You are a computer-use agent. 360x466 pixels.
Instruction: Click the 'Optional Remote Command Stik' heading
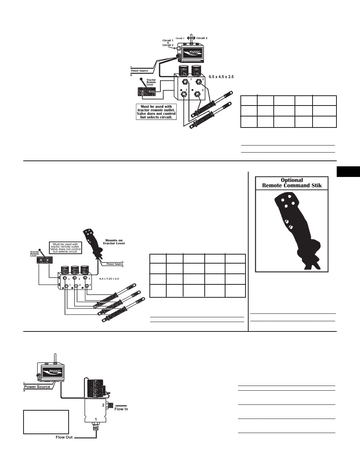292,183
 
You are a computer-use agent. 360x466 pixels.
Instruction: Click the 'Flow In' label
121,409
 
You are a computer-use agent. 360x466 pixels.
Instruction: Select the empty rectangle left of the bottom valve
46,422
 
